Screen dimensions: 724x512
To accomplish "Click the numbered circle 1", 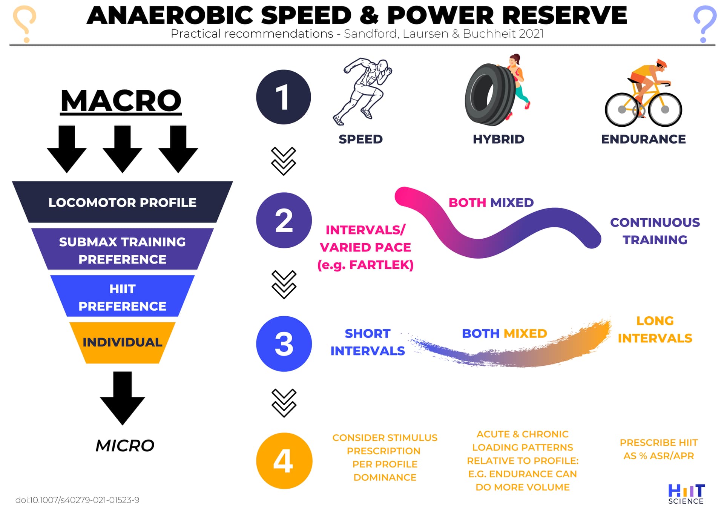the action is [x=284, y=97].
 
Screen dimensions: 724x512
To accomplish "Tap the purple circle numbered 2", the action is [x=284, y=220].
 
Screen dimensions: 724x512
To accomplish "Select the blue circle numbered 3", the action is [x=284, y=344].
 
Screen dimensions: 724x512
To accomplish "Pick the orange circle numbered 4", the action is [x=284, y=461].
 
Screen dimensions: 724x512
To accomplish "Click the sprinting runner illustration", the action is [x=362, y=91].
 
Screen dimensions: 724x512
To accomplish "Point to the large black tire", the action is [x=489, y=95].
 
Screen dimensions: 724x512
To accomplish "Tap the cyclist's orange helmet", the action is [x=662, y=63].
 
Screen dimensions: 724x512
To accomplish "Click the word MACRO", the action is [x=121, y=101].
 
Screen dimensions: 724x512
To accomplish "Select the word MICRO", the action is [x=125, y=446].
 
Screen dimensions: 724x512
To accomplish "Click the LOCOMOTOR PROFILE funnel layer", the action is [x=122, y=202].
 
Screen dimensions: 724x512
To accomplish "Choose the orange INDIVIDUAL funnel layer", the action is [x=122, y=342].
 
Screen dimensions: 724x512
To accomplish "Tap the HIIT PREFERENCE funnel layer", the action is [x=122, y=297].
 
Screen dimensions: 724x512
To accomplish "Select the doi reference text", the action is [x=77, y=500].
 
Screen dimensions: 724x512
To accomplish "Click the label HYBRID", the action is [x=499, y=139].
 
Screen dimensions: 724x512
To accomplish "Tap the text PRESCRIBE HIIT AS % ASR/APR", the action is [x=659, y=449].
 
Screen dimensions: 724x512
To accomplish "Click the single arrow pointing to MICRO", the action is [x=122, y=399].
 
